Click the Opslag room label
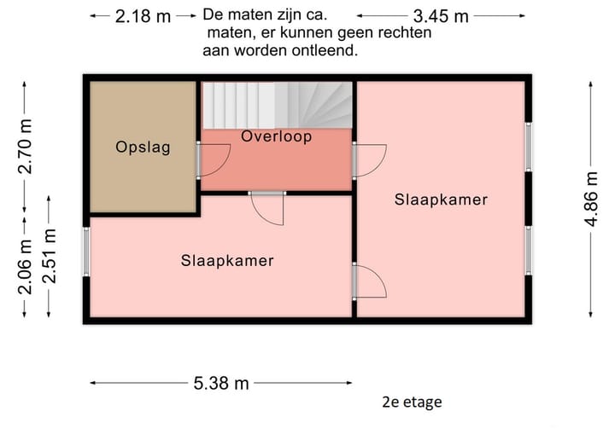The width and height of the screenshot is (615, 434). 143,147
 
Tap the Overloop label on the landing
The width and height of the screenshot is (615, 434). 276,136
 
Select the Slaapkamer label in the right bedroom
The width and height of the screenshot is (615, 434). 441,200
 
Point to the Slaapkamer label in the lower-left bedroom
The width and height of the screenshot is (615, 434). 227,261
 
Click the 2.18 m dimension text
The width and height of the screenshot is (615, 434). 143,16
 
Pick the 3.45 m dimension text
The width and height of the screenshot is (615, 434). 440,16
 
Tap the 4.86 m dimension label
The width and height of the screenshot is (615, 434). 591,199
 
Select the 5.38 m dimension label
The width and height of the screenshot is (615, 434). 220,384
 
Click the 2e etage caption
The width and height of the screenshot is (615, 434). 413,402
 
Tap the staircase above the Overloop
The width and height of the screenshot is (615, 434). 277,104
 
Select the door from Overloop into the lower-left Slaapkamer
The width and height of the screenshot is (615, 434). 267,206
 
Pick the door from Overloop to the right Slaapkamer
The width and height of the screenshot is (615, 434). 369,160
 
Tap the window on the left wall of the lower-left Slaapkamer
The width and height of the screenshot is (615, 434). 85,252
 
